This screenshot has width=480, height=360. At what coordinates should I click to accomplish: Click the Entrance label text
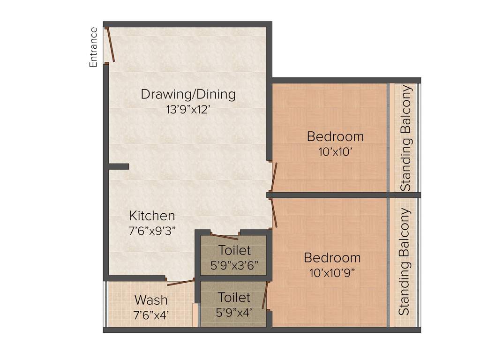94,47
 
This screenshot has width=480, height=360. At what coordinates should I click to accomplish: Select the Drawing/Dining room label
188,94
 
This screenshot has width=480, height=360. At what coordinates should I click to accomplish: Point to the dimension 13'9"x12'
188,110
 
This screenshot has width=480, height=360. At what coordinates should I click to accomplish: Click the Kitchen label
152,216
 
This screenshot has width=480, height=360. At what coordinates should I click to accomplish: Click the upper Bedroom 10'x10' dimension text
335,152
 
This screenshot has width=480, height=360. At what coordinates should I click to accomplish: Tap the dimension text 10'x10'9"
335,273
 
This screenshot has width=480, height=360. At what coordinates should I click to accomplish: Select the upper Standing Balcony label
406,138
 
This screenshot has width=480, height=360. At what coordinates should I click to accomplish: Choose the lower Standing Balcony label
404,261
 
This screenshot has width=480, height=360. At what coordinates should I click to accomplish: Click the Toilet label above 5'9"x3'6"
234,250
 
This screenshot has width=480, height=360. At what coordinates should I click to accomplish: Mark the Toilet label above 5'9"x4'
234,297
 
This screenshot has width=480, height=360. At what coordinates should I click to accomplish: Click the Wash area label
151,299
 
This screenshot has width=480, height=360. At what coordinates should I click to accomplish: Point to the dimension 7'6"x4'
151,315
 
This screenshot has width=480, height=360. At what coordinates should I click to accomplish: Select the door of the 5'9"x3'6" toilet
224,236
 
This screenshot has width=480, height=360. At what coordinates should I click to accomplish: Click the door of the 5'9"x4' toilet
265,295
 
